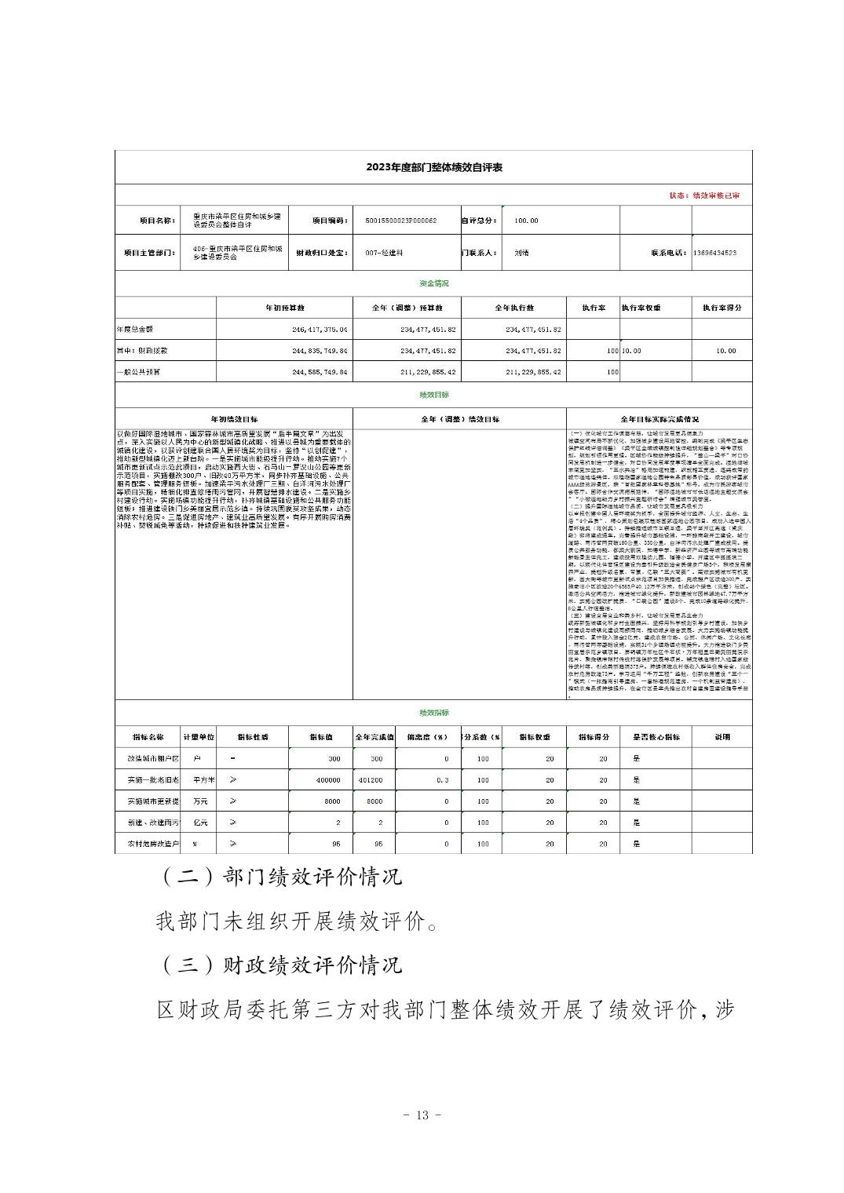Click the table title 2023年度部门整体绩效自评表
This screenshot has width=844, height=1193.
[x=433, y=167]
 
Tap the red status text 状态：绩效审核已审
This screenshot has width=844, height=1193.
[x=703, y=195]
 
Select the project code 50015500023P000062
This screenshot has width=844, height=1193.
[x=401, y=221]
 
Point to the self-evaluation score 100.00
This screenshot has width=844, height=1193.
[x=527, y=221]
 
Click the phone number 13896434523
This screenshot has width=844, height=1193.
[x=715, y=253]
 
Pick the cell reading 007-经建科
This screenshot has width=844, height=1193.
[x=384, y=253]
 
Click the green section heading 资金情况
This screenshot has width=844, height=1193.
[x=434, y=283]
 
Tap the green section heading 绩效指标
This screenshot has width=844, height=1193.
[x=434, y=713]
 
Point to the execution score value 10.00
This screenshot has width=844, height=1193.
[x=725, y=351]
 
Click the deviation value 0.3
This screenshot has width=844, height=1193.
[x=444, y=780]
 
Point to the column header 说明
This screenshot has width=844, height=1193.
[x=722, y=737]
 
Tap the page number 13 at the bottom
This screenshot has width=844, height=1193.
[x=422, y=1115]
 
